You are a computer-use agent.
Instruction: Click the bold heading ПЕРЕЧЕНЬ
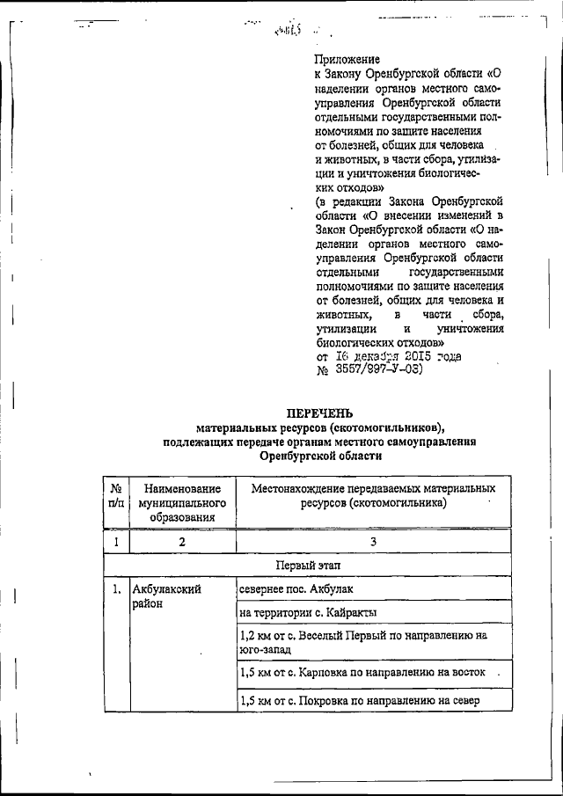point(321,413)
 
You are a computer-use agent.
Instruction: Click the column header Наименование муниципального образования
point(181,502)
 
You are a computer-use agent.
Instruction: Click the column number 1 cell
point(115,541)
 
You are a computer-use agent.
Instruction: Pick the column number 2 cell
point(181,541)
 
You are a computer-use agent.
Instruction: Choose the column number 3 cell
point(373,541)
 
